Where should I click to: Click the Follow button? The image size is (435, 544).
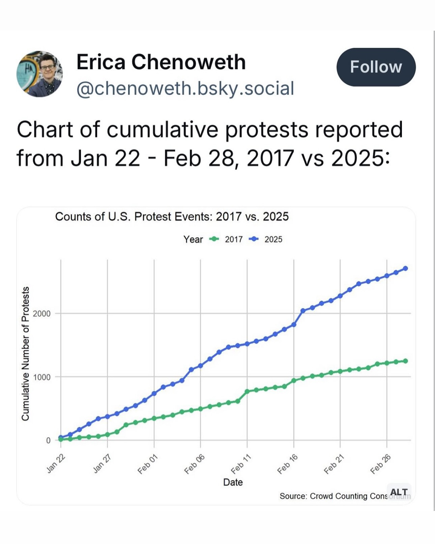click(x=376, y=67)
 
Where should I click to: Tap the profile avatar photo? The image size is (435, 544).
click(x=40, y=74)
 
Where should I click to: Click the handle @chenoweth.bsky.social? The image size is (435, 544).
click(x=185, y=88)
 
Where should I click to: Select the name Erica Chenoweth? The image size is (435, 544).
click(x=161, y=62)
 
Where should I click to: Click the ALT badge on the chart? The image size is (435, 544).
click(x=399, y=492)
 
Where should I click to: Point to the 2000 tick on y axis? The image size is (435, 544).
click(x=42, y=314)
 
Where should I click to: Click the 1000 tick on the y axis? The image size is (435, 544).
click(x=42, y=377)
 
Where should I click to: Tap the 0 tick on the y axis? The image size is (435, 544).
click(x=48, y=440)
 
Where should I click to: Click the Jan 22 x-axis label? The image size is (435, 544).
click(x=56, y=464)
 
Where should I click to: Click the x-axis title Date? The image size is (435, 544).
click(x=233, y=482)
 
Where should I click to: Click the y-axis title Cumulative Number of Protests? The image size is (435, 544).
click(x=25, y=353)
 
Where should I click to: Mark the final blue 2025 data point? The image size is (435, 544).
click(x=406, y=268)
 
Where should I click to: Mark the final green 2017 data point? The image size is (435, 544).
click(x=406, y=361)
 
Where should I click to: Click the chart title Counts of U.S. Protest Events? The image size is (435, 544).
click(x=172, y=216)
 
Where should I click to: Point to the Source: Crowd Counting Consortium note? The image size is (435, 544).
click(x=334, y=496)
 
